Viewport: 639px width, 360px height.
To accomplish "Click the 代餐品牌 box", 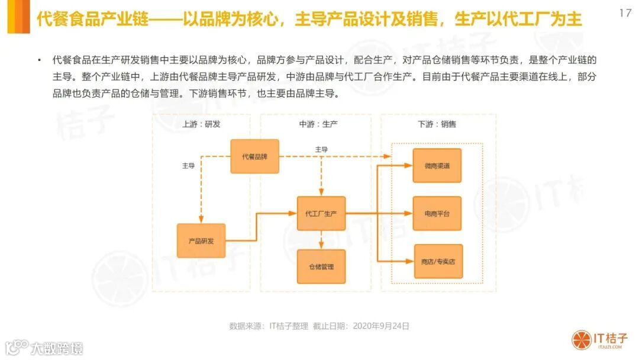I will pos(254,156).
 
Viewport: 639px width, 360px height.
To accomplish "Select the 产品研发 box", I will pos(201,240).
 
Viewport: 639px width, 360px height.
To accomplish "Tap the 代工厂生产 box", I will pos(321,213).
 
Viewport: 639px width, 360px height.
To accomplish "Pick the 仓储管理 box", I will pos(321,266).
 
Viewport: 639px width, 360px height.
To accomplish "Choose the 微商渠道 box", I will pos(437,166).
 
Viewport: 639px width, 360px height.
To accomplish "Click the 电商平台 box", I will pos(437,213).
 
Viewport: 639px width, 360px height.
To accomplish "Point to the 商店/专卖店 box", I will pos(438,261).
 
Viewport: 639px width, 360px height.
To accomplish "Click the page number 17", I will pos(625,13).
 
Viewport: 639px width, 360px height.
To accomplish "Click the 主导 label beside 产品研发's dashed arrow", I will pos(188,166).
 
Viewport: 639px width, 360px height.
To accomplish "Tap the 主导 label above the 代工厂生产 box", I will pos(321,149).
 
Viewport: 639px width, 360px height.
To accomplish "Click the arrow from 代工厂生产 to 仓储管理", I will pos(321,239).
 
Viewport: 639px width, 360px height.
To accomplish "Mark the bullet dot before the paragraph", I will pos(39,60).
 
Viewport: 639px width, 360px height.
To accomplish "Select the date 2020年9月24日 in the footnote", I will pos(381,326).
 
